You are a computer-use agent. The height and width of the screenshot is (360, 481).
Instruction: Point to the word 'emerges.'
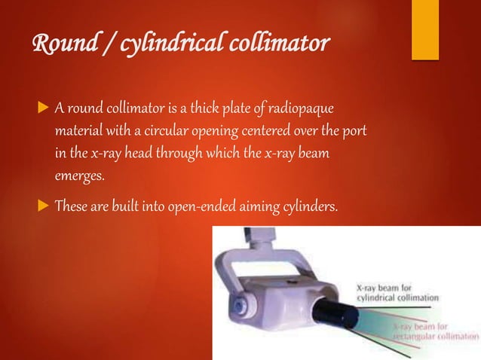tap(78, 177)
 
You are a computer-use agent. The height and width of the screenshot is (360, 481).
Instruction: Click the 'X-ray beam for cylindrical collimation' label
tap(397, 293)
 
